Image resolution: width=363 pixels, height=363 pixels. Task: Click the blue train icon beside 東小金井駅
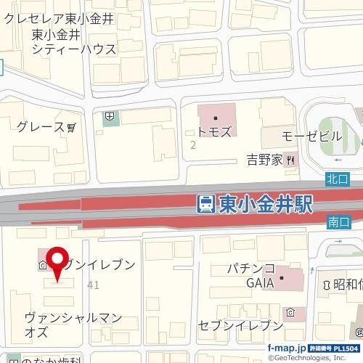click(205, 204)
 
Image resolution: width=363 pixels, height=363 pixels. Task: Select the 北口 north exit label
click(338, 178)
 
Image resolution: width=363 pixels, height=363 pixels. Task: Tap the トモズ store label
click(214, 132)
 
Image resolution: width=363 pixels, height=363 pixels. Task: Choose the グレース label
click(41, 127)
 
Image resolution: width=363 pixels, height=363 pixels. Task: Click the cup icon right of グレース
click(71, 127)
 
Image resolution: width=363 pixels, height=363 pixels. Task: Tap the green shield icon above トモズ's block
click(109, 115)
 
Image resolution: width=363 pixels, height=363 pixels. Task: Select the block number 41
click(92, 285)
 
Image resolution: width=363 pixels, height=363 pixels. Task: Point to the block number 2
click(192, 145)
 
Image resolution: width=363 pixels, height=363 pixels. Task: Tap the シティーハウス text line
click(74, 49)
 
